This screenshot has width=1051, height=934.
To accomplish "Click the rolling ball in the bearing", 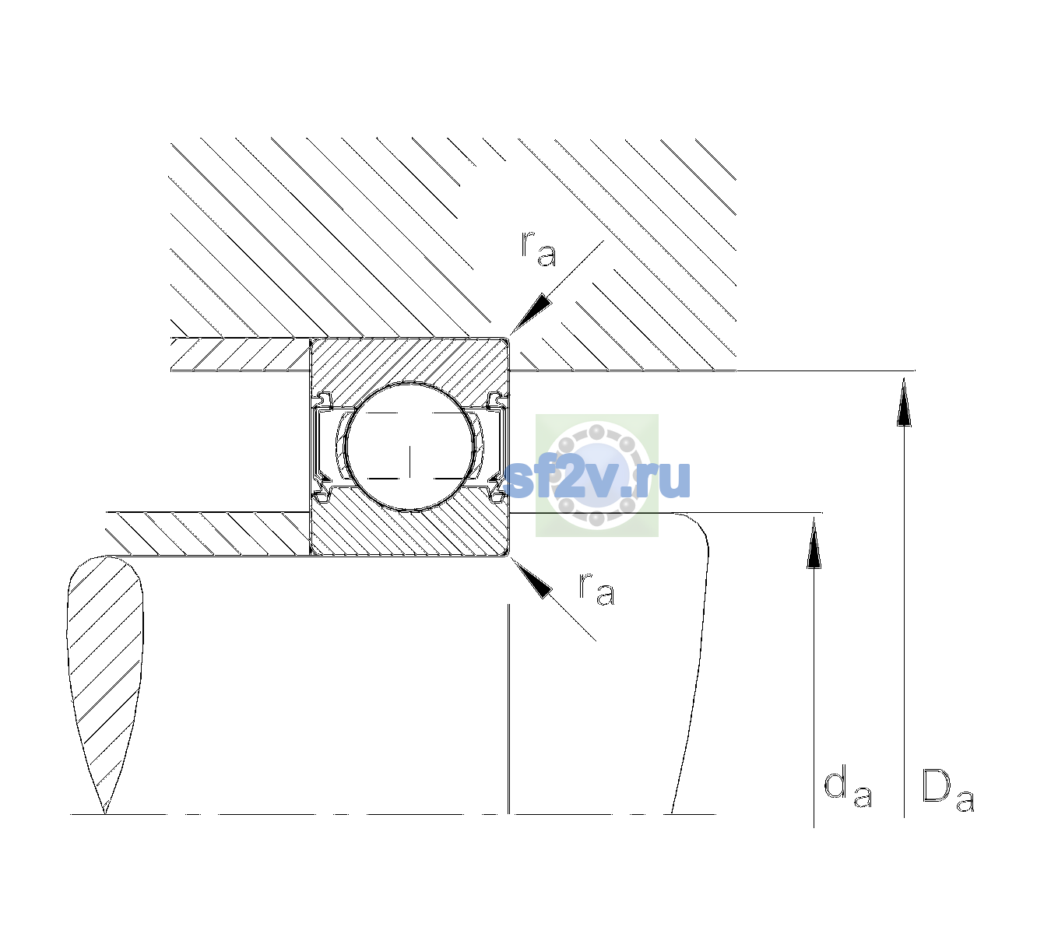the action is (x=410, y=447).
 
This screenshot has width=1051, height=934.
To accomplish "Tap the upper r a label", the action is (x=539, y=249).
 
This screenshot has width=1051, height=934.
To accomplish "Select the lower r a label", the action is (x=596, y=589).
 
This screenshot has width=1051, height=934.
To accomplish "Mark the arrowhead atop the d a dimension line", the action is (x=814, y=543).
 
